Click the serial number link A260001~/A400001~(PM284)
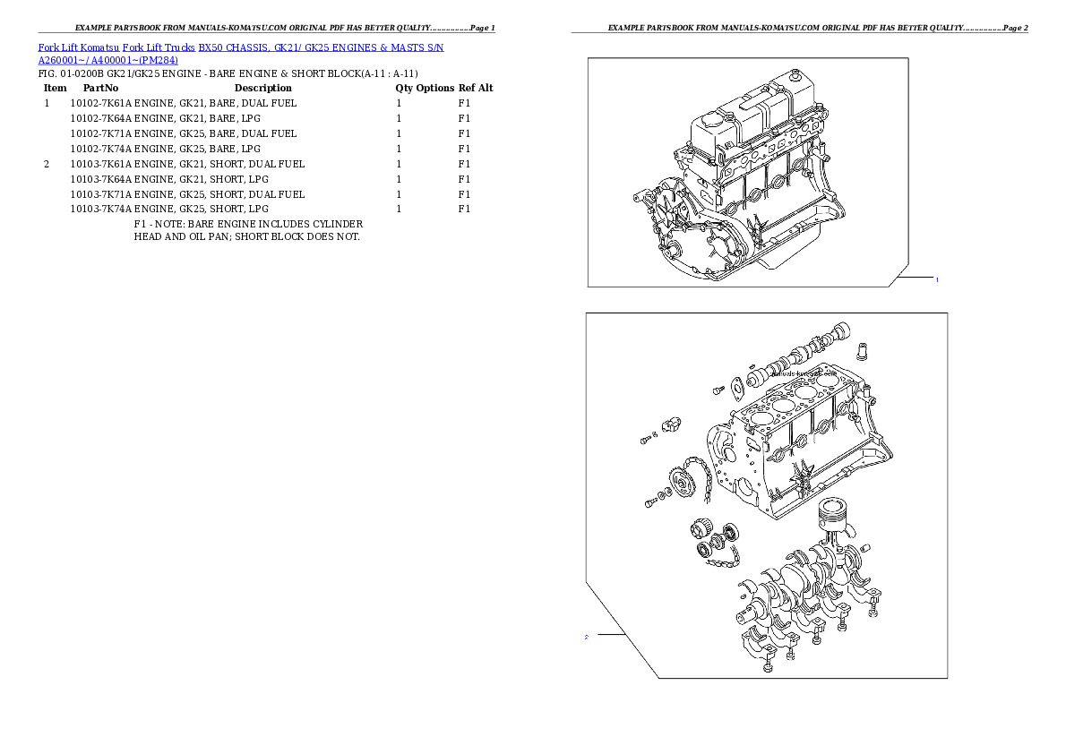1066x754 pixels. pos(107,61)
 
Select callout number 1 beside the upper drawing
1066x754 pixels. pos(937,280)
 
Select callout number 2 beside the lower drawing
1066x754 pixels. pos(586,637)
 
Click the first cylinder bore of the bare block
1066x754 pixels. pos(762,416)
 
